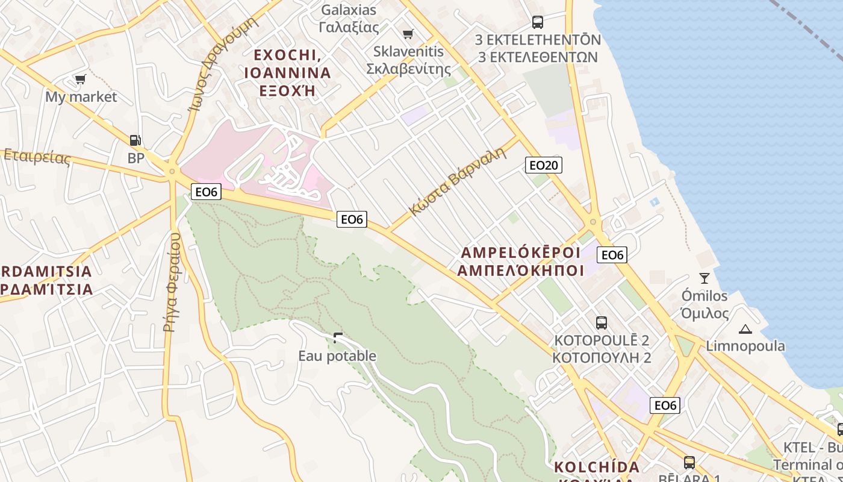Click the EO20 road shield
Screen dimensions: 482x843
tap(544, 165)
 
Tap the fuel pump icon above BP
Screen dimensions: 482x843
tap(136, 140)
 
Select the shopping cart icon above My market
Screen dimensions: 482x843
tap(80, 79)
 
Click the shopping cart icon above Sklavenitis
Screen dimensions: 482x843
tap(408, 34)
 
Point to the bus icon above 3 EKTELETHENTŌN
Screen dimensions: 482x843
tap(538, 22)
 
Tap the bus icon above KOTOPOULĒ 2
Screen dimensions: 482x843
tap(601, 322)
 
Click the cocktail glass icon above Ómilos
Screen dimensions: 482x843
tap(704, 278)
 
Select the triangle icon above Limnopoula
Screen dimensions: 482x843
tap(745, 329)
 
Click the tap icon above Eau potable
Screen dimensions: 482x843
tap(338, 338)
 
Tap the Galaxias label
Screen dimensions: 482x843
tap(349, 10)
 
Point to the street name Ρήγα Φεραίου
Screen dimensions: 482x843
tap(172, 282)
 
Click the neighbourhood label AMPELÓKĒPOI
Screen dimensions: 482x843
tap(520, 252)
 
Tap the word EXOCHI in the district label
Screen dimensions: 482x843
tap(285, 55)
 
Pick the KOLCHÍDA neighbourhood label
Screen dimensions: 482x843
tap(596, 467)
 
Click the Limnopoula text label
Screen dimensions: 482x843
tap(745, 346)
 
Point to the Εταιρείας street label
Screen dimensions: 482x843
tap(37, 157)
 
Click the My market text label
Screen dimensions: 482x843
tap(81, 97)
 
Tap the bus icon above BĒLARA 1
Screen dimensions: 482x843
tap(689, 463)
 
